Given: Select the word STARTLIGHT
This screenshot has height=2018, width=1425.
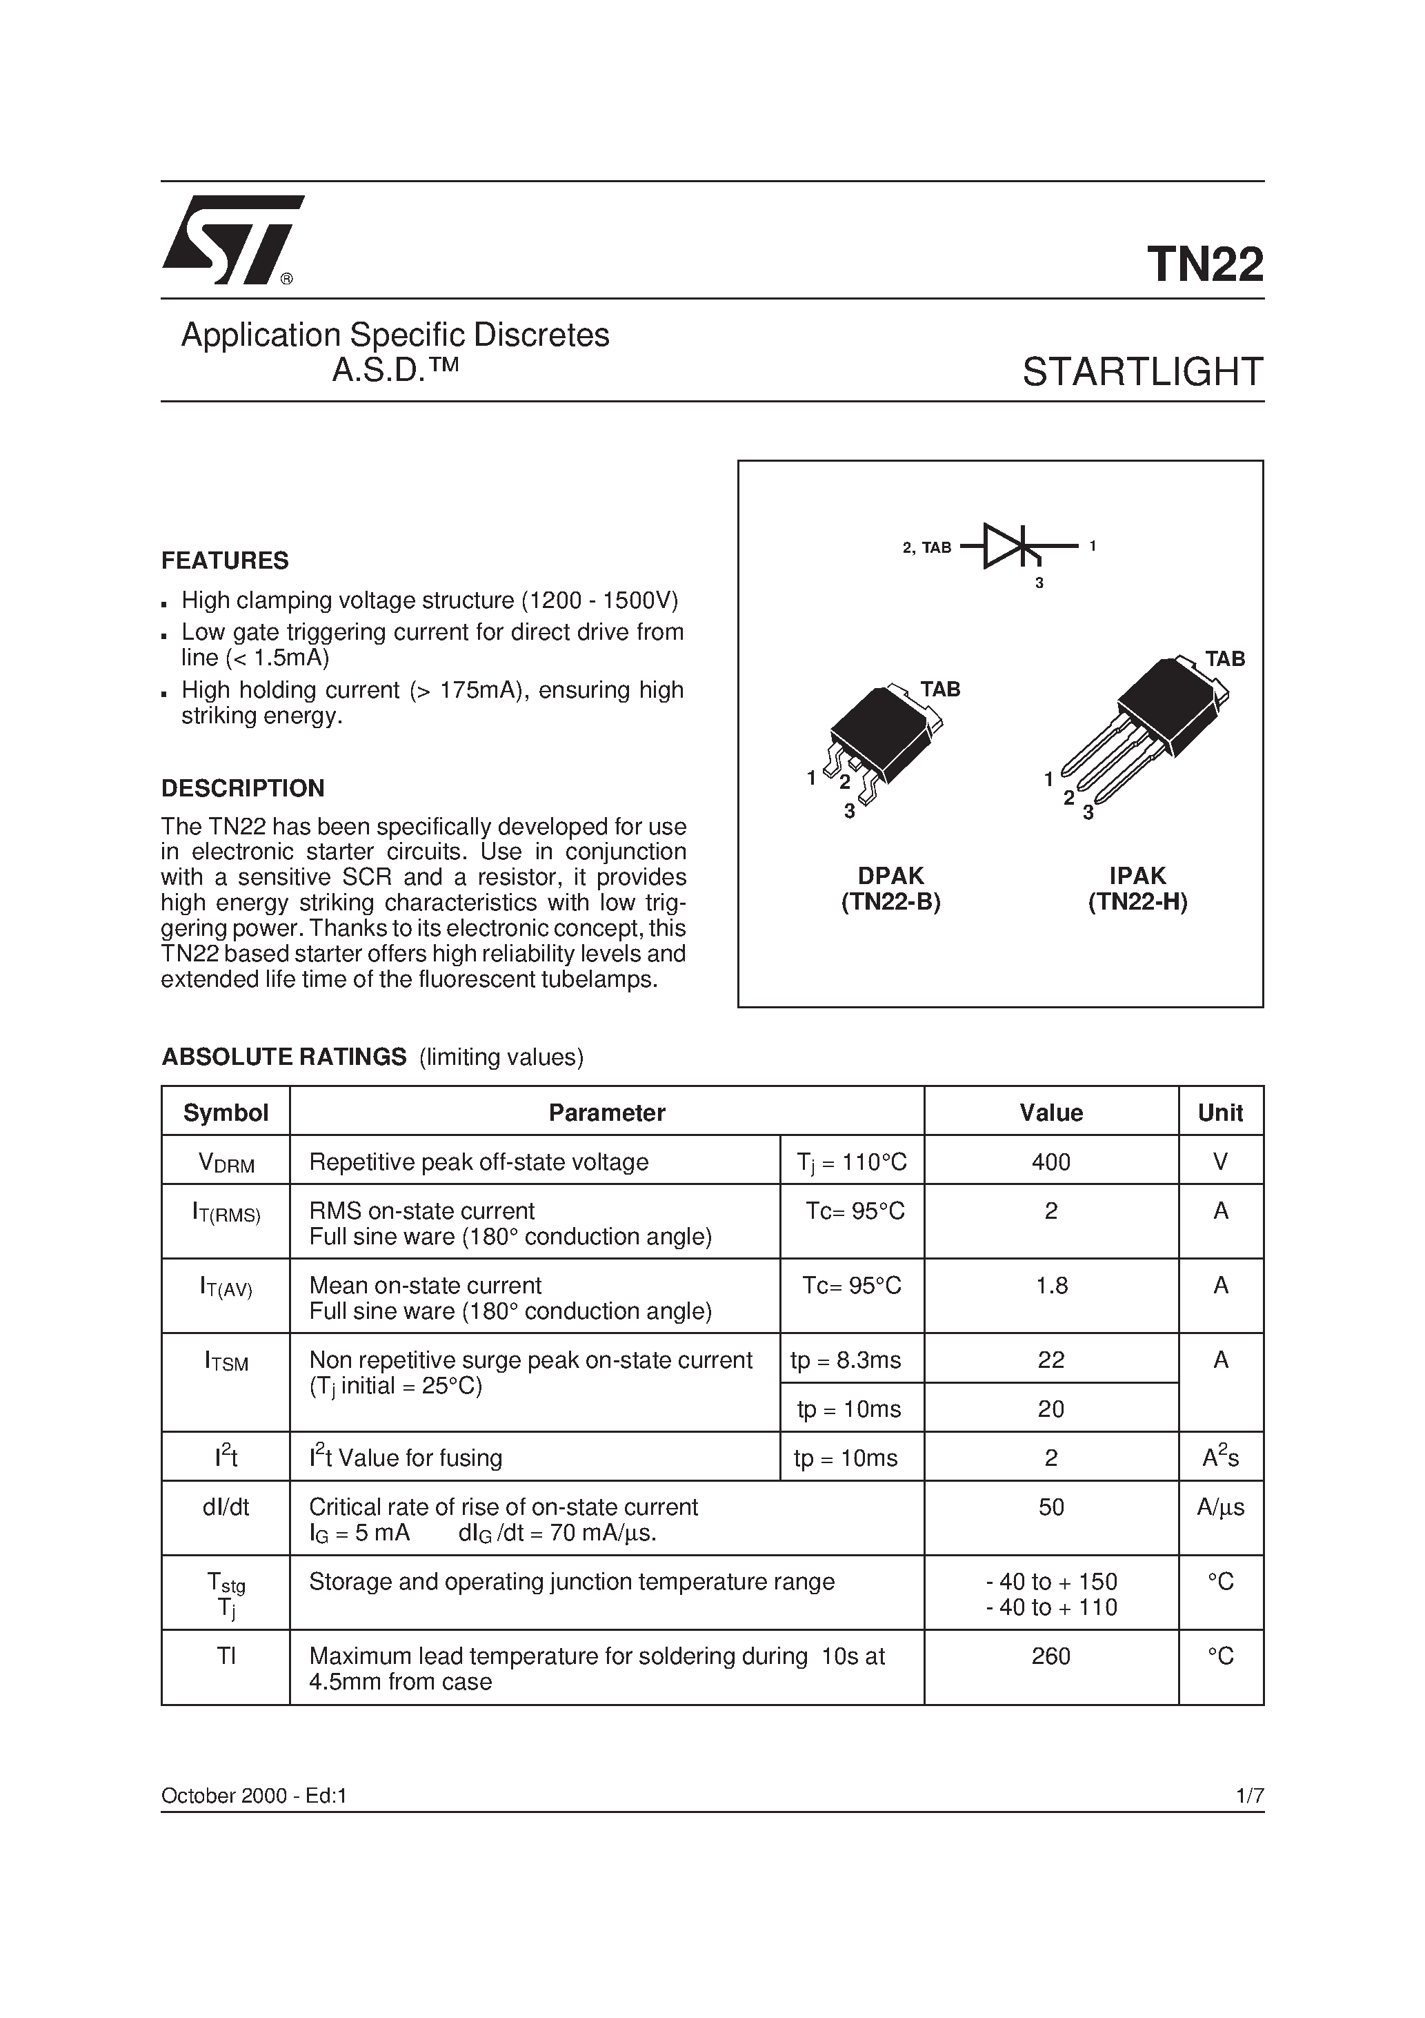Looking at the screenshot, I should [x=1142, y=373].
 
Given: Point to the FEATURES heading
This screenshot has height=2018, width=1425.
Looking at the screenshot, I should [x=225, y=561].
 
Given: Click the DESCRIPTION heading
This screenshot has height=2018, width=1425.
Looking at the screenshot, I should [x=243, y=788].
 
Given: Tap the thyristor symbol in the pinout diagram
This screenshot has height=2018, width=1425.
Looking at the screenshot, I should [x=1015, y=547].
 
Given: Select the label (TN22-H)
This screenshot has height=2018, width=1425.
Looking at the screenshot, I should [x=1137, y=903].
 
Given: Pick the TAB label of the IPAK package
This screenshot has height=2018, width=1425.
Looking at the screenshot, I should [x=1224, y=659].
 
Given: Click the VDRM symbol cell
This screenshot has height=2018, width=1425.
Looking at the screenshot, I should [x=226, y=1163].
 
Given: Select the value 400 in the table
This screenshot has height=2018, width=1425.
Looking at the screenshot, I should [x=1050, y=1163].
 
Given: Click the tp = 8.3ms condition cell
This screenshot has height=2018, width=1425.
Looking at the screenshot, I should [x=845, y=1360].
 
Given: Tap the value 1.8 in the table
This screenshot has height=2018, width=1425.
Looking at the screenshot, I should [x=1050, y=1286].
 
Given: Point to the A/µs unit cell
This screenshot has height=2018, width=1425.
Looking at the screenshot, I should [x=1220, y=1507].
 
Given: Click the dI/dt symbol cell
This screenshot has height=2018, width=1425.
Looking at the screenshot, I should [x=226, y=1507].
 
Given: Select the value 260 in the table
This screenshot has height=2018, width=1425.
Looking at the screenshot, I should [x=1050, y=1657].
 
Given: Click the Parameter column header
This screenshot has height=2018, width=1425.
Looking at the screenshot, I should [x=606, y=1113].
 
